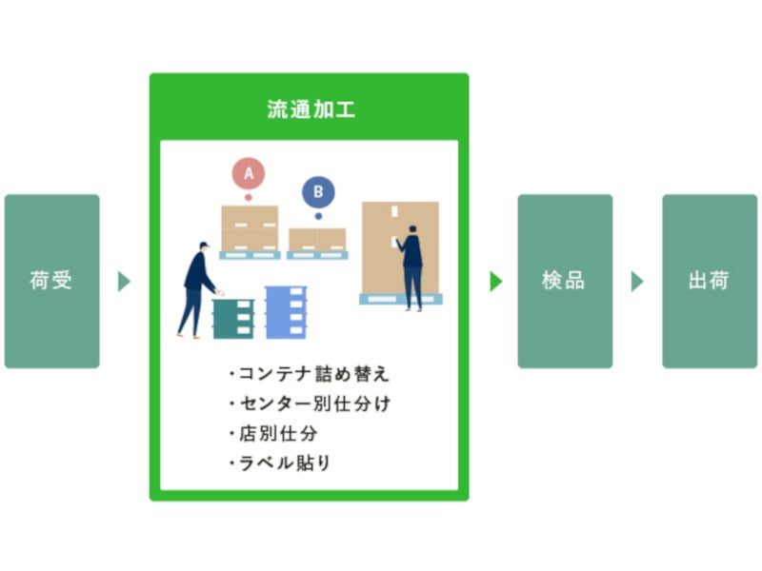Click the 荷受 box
(x=52, y=281)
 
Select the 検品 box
(x=565, y=281)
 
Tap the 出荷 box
(x=710, y=281)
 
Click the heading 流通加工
(x=311, y=109)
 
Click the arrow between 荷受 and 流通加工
(x=124, y=281)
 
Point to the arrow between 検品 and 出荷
(x=637, y=281)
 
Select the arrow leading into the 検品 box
(x=495, y=281)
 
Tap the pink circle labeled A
(x=249, y=173)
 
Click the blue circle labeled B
(x=318, y=192)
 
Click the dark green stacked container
(x=233, y=319)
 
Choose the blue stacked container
(x=286, y=312)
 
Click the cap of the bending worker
(x=205, y=245)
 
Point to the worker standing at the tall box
(x=411, y=267)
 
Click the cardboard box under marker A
(x=250, y=228)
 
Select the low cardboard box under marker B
(x=317, y=240)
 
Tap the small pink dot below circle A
(x=249, y=198)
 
